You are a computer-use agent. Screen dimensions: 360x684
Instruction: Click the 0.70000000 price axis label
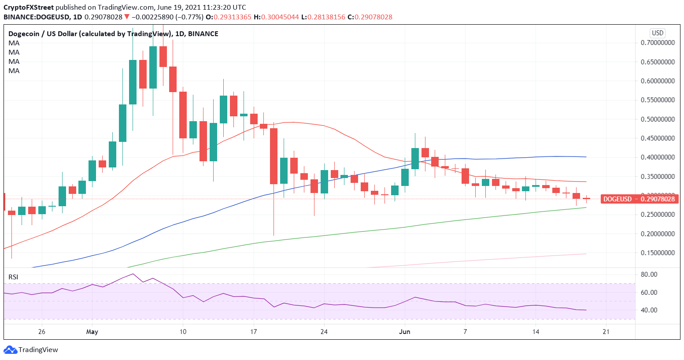658,43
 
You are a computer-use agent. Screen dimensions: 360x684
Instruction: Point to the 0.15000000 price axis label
658,253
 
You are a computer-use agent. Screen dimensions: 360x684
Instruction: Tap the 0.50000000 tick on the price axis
658,119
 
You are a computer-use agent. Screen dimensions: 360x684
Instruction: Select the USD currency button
657,33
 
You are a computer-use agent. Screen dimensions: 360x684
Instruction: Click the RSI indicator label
13,277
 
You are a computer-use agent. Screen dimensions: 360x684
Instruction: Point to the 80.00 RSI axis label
649,275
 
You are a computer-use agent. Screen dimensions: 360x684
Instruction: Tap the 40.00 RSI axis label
649,310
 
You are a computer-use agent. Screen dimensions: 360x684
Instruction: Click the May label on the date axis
92,332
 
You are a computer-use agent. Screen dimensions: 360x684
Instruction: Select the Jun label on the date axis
404,332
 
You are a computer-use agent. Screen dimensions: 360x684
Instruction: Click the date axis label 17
253,332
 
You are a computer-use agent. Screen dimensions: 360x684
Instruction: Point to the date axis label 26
42,332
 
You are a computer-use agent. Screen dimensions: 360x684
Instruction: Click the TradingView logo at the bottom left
31,350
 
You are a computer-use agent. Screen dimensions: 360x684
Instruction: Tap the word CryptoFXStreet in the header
29,7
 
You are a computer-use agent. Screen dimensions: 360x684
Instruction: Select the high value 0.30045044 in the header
280,17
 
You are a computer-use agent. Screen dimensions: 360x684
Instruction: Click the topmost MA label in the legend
14,43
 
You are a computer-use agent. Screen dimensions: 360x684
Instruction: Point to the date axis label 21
606,332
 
